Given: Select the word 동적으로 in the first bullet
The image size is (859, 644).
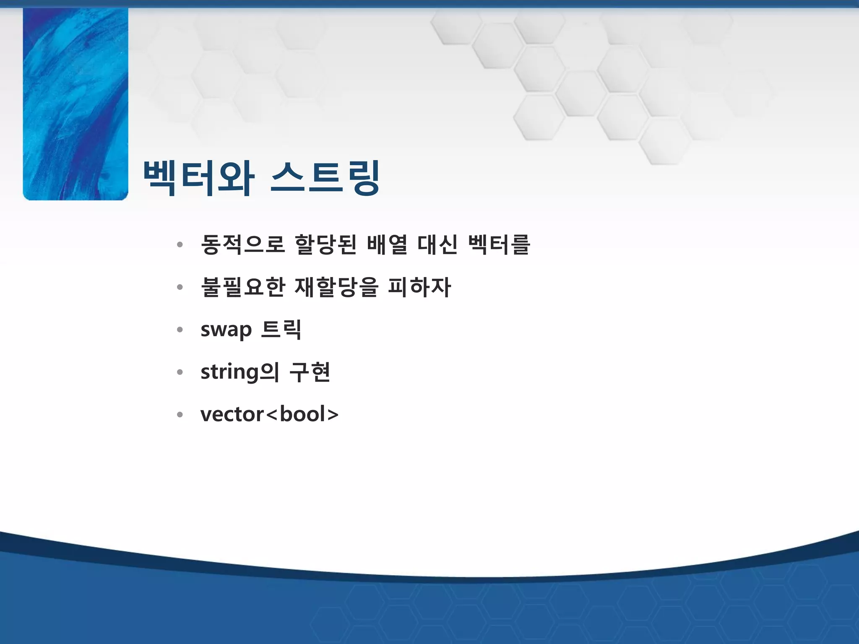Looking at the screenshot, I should pyautogui.click(x=243, y=244).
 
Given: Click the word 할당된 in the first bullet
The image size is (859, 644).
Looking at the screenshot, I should pyautogui.click(x=325, y=244).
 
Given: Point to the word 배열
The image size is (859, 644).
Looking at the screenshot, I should pyautogui.click(x=387, y=244).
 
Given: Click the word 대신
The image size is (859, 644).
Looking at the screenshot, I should pyautogui.click(x=437, y=244).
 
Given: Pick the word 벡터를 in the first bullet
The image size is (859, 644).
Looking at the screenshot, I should pyautogui.click(x=499, y=244).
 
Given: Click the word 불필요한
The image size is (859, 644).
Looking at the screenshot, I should pyautogui.click(x=243, y=287).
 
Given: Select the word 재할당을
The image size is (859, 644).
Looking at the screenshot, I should pyautogui.click(x=336, y=287).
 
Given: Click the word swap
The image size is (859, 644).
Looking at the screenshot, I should pyautogui.click(x=226, y=330).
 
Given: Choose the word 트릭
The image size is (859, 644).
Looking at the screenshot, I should pyautogui.click(x=281, y=330).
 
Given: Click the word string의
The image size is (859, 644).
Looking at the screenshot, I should pyautogui.click(x=239, y=372).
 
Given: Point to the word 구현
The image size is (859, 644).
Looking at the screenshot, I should pyautogui.click(x=310, y=372).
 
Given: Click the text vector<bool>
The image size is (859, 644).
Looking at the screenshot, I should pyautogui.click(x=269, y=415).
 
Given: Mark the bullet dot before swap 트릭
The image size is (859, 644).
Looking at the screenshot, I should pyautogui.click(x=180, y=330).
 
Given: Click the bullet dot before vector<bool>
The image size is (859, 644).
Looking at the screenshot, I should pyautogui.click(x=180, y=415).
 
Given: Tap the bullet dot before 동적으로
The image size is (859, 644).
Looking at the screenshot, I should pyautogui.click(x=180, y=245).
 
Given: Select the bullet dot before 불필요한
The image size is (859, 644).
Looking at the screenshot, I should pyautogui.click(x=180, y=288).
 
